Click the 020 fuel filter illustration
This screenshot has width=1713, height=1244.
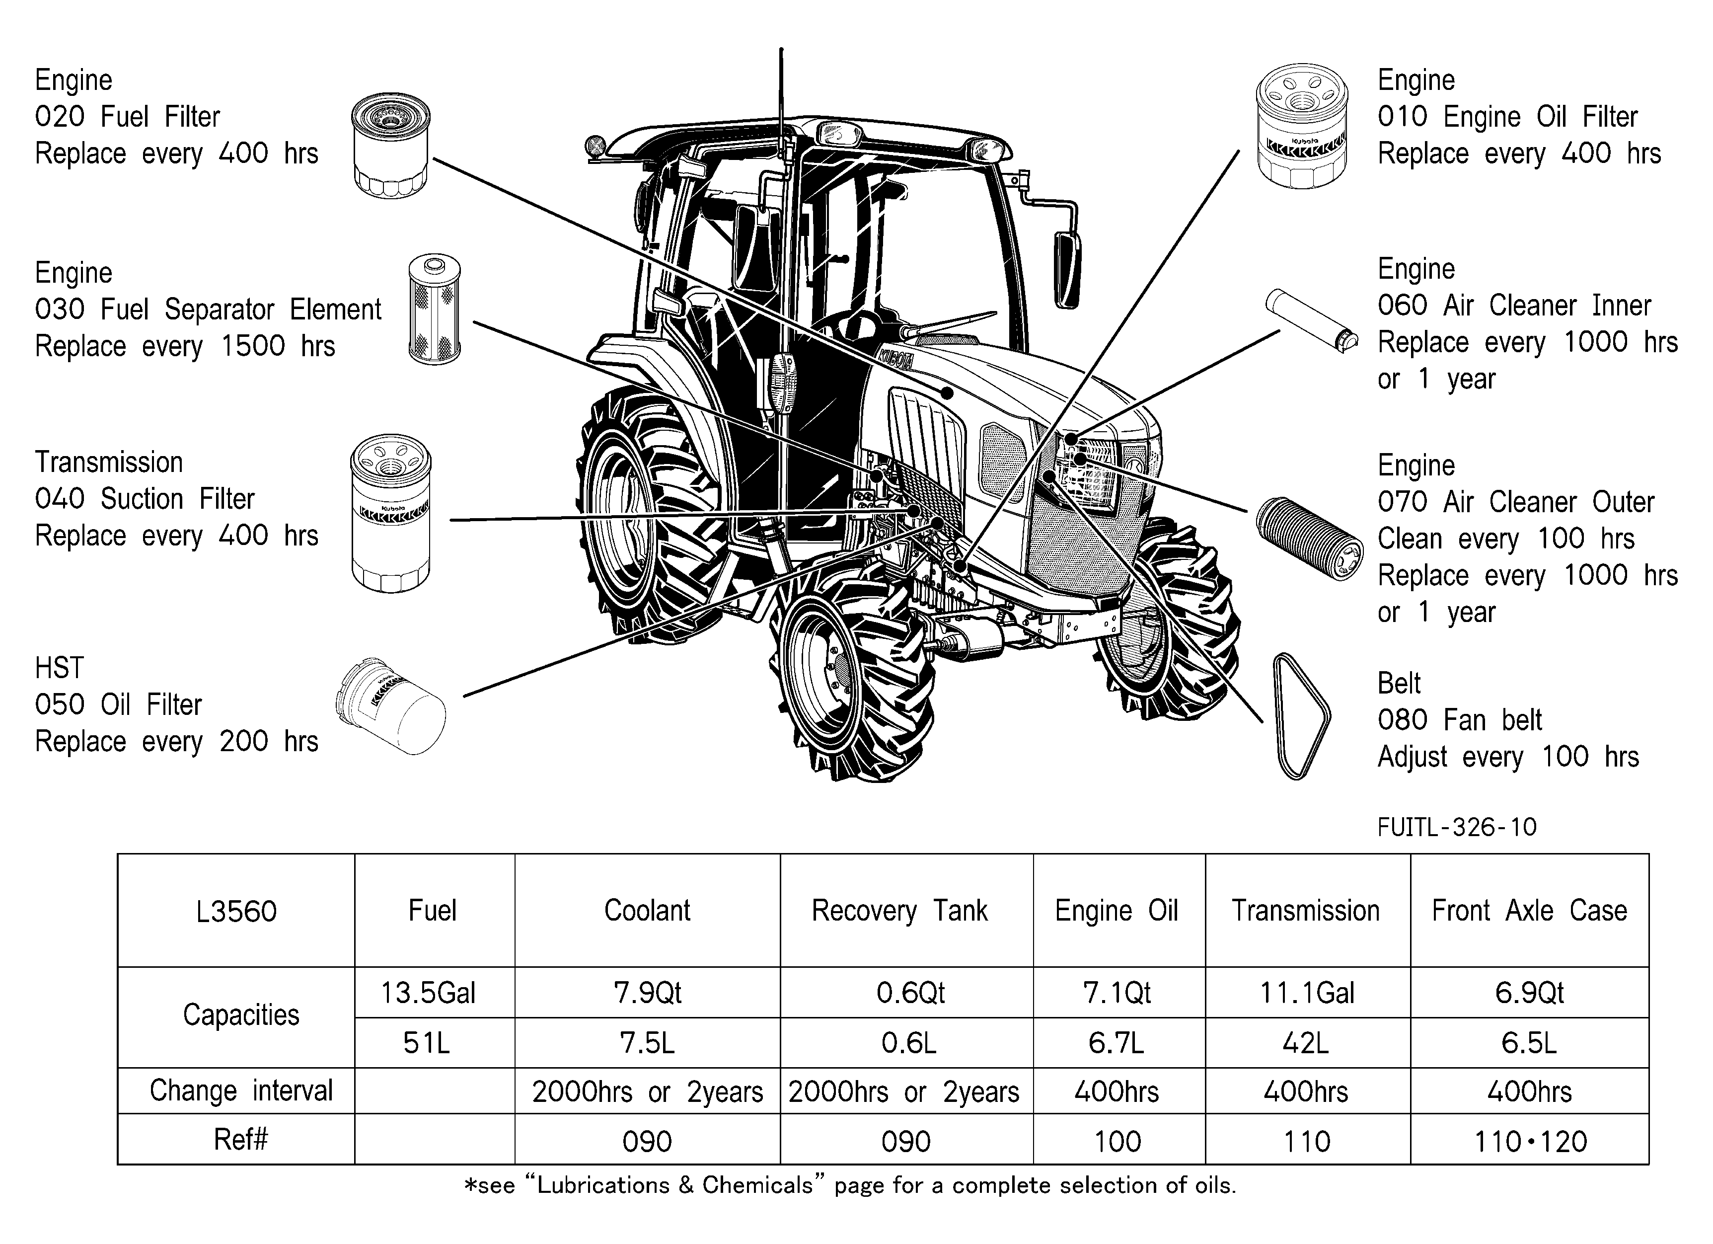point(390,145)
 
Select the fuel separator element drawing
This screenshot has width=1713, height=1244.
point(434,309)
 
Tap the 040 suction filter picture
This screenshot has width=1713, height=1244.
point(390,514)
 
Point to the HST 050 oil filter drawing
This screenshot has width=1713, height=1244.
point(390,706)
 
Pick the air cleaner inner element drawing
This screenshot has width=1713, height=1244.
point(1312,321)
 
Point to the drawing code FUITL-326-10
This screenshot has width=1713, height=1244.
point(1457,828)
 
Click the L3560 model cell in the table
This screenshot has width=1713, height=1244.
point(236,911)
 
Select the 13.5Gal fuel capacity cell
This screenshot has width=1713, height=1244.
point(428,993)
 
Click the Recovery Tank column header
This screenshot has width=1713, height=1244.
point(899,911)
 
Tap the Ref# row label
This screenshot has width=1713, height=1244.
point(241,1139)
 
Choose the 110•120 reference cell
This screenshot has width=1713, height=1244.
point(1530,1141)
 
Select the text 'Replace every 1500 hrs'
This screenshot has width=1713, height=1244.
point(185,346)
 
